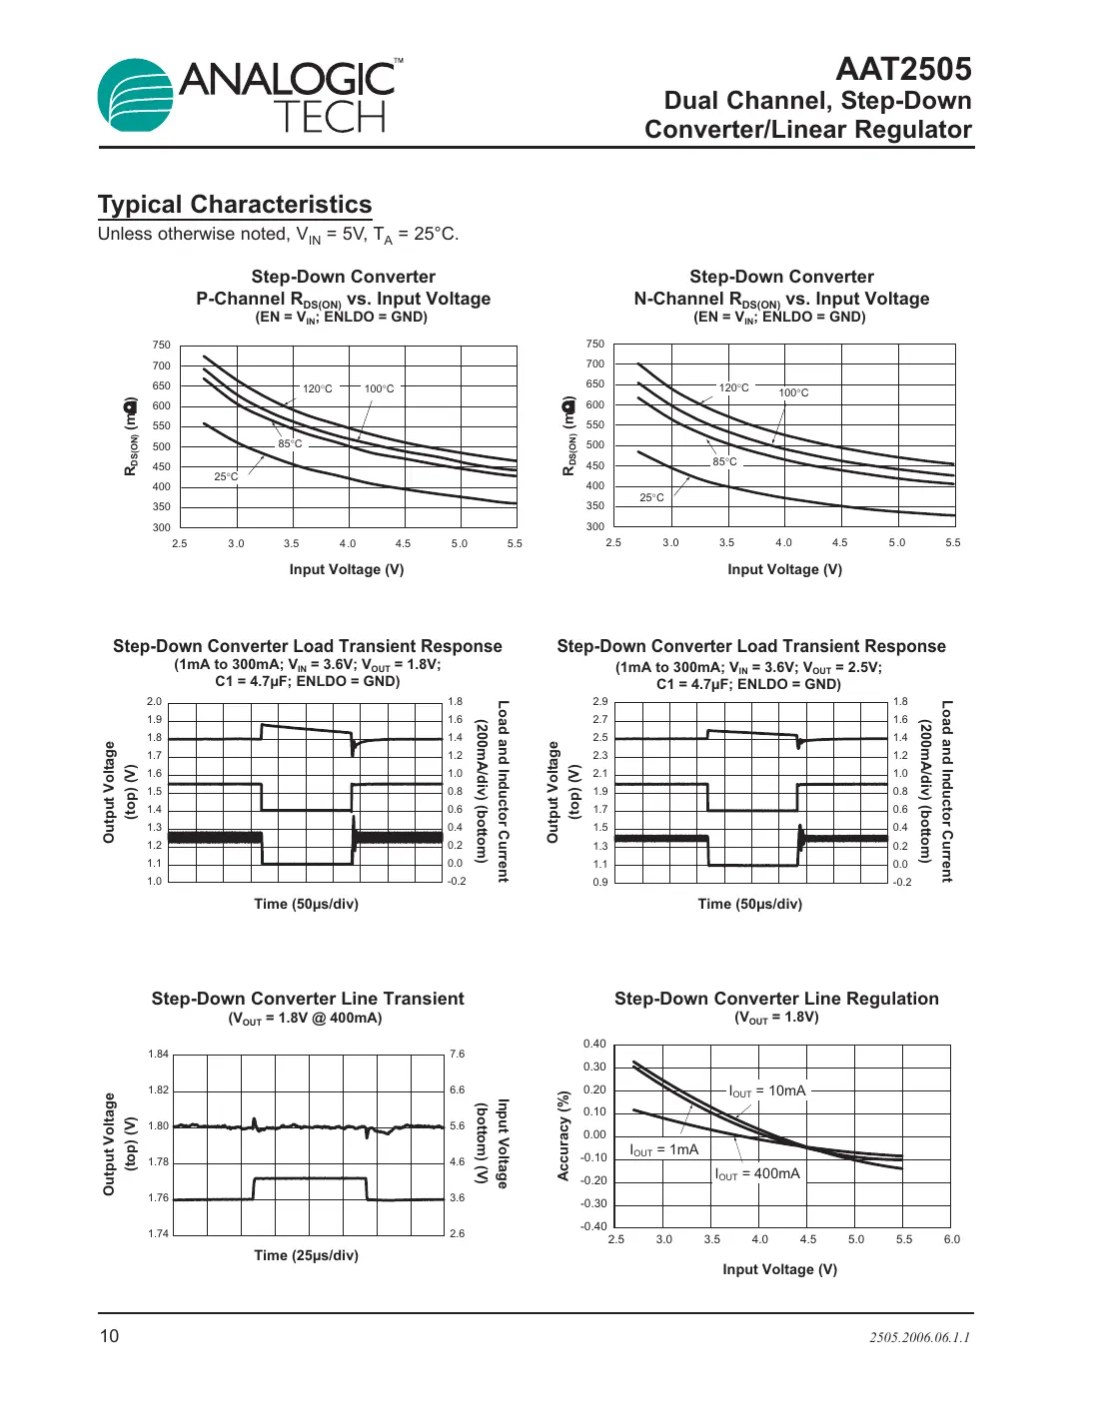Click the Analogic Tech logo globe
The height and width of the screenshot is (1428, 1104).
135,96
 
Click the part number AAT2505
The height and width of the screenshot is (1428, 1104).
903,69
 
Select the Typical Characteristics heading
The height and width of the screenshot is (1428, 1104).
235,205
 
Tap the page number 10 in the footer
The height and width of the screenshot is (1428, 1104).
109,1336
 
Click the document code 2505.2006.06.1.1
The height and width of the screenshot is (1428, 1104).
919,1337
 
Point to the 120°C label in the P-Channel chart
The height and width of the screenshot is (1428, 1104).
318,388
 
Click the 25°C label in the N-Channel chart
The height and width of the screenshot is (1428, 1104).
651,497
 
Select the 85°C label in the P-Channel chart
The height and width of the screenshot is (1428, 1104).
290,443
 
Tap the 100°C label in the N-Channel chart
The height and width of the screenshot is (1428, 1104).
793,392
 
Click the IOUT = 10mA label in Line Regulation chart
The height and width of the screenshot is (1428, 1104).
766,1091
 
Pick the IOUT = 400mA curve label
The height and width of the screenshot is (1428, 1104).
757,1174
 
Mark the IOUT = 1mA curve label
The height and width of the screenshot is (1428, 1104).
663,1150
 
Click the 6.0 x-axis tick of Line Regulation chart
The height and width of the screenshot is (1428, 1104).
951,1239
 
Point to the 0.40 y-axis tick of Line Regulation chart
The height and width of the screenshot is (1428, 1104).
594,1044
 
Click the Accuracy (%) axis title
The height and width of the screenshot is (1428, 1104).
563,1135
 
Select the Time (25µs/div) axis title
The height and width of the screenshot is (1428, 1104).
306,1255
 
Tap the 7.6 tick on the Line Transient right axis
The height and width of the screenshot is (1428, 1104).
457,1054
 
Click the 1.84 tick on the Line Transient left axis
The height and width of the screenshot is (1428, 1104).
159,1054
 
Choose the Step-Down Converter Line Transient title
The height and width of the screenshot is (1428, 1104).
308,999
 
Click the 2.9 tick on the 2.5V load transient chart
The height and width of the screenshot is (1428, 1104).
599,702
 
